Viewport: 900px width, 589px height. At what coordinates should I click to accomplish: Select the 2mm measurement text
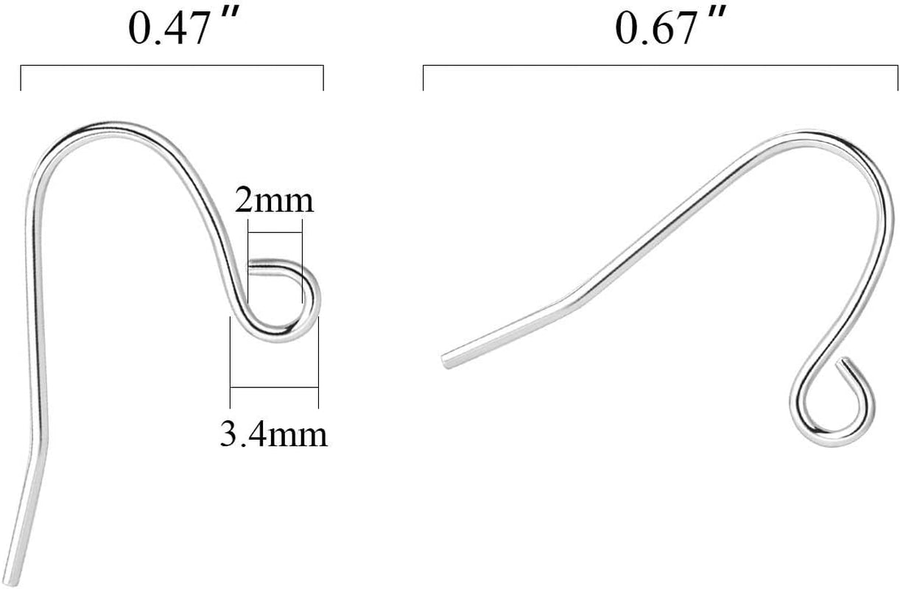tap(274, 200)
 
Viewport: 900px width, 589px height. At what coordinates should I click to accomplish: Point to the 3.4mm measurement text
tap(273, 434)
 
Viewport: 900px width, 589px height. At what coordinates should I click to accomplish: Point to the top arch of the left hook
tap(103, 127)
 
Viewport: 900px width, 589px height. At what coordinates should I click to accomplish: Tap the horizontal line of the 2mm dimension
tap(275, 233)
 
